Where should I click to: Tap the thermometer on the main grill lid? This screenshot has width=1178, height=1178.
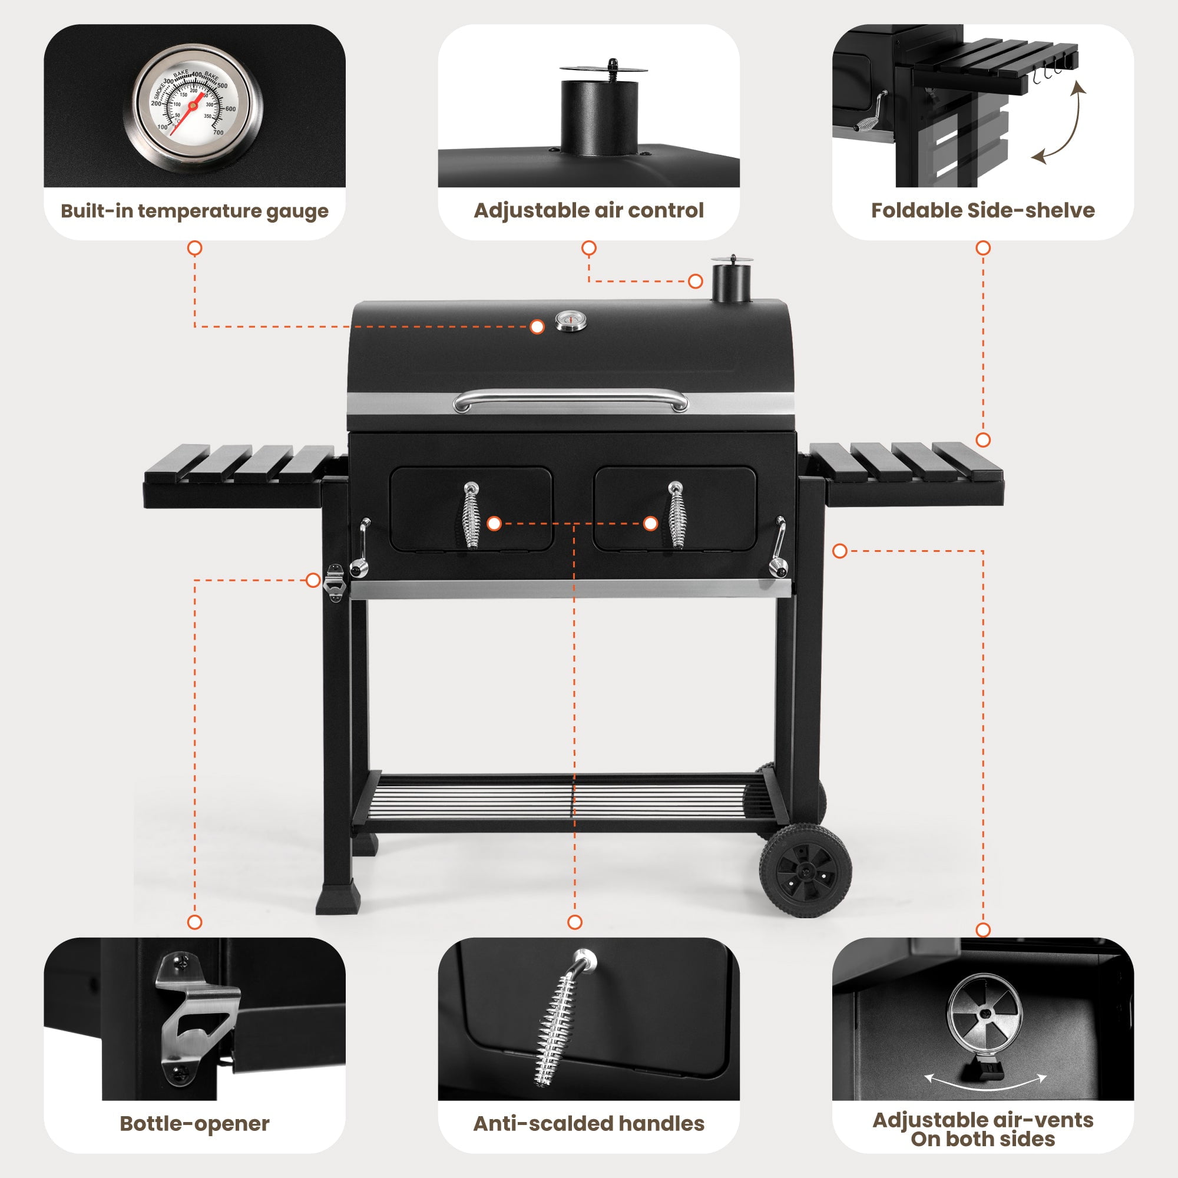(x=571, y=321)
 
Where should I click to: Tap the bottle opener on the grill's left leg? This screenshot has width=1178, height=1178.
(x=335, y=583)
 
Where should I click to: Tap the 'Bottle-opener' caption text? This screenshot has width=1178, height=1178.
(x=194, y=1124)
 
